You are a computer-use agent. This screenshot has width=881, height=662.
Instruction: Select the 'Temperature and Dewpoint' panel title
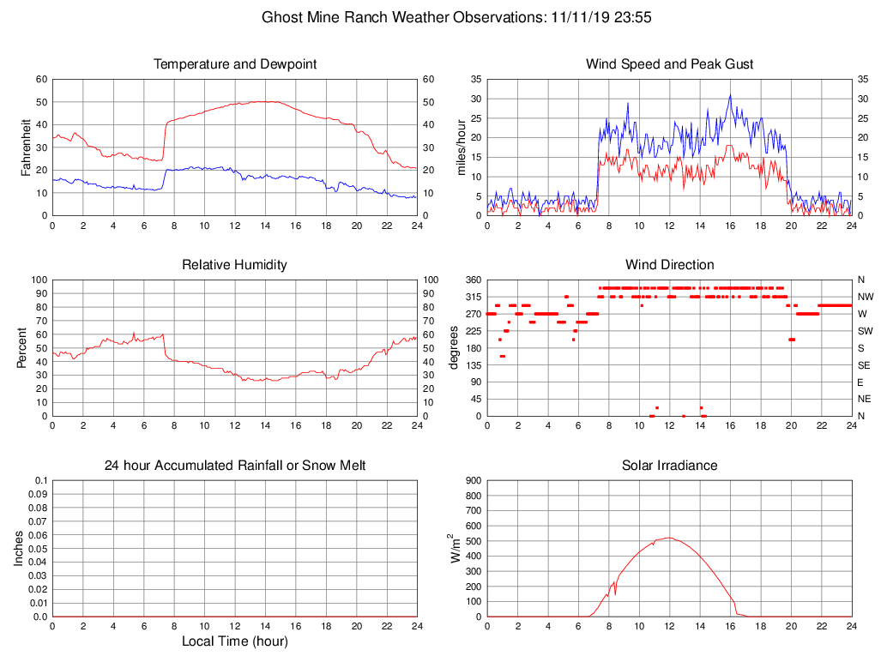click(x=235, y=64)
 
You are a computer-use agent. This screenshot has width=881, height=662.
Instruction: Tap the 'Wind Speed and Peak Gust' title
click(x=669, y=64)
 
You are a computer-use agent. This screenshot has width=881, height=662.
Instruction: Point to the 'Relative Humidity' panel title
click(x=235, y=265)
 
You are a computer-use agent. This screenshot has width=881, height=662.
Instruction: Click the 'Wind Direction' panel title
click(x=669, y=265)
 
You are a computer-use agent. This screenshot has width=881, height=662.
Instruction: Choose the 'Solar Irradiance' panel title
click(x=669, y=466)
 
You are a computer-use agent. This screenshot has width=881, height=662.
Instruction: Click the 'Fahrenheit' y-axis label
click(x=26, y=147)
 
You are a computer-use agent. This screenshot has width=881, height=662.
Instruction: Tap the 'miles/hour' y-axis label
click(x=461, y=147)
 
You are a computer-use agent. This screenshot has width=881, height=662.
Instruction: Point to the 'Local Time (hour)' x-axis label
click(x=235, y=641)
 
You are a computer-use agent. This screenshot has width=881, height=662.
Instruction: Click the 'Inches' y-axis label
click(x=19, y=549)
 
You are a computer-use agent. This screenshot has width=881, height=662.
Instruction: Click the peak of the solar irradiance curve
click(x=669, y=538)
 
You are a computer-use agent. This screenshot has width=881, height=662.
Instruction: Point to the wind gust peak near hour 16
click(x=730, y=95)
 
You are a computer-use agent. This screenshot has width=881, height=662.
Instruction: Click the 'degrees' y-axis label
click(x=454, y=348)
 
